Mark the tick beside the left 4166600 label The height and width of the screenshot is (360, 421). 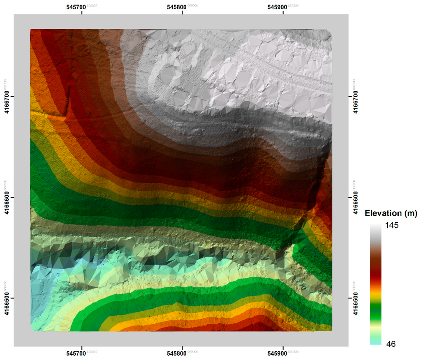pyautogui.click(x=12, y=197)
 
